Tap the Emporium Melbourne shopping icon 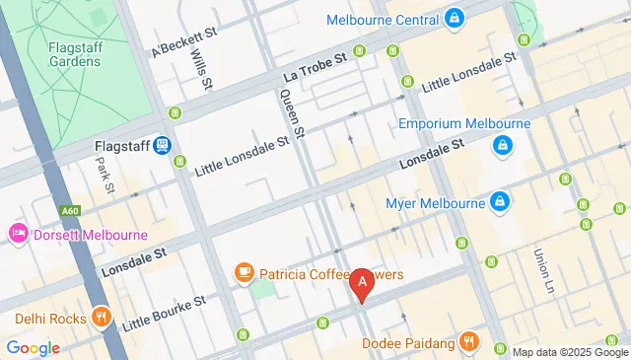click(503, 146)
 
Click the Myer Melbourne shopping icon click(501, 202)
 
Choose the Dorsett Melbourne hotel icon click(18, 235)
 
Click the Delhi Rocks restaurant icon click(100, 318)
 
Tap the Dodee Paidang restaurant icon click(470, 342)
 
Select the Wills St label click(201, 69)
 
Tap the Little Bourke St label click(164, 311)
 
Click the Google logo click(34, 347)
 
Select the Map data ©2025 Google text click(568, 352)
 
